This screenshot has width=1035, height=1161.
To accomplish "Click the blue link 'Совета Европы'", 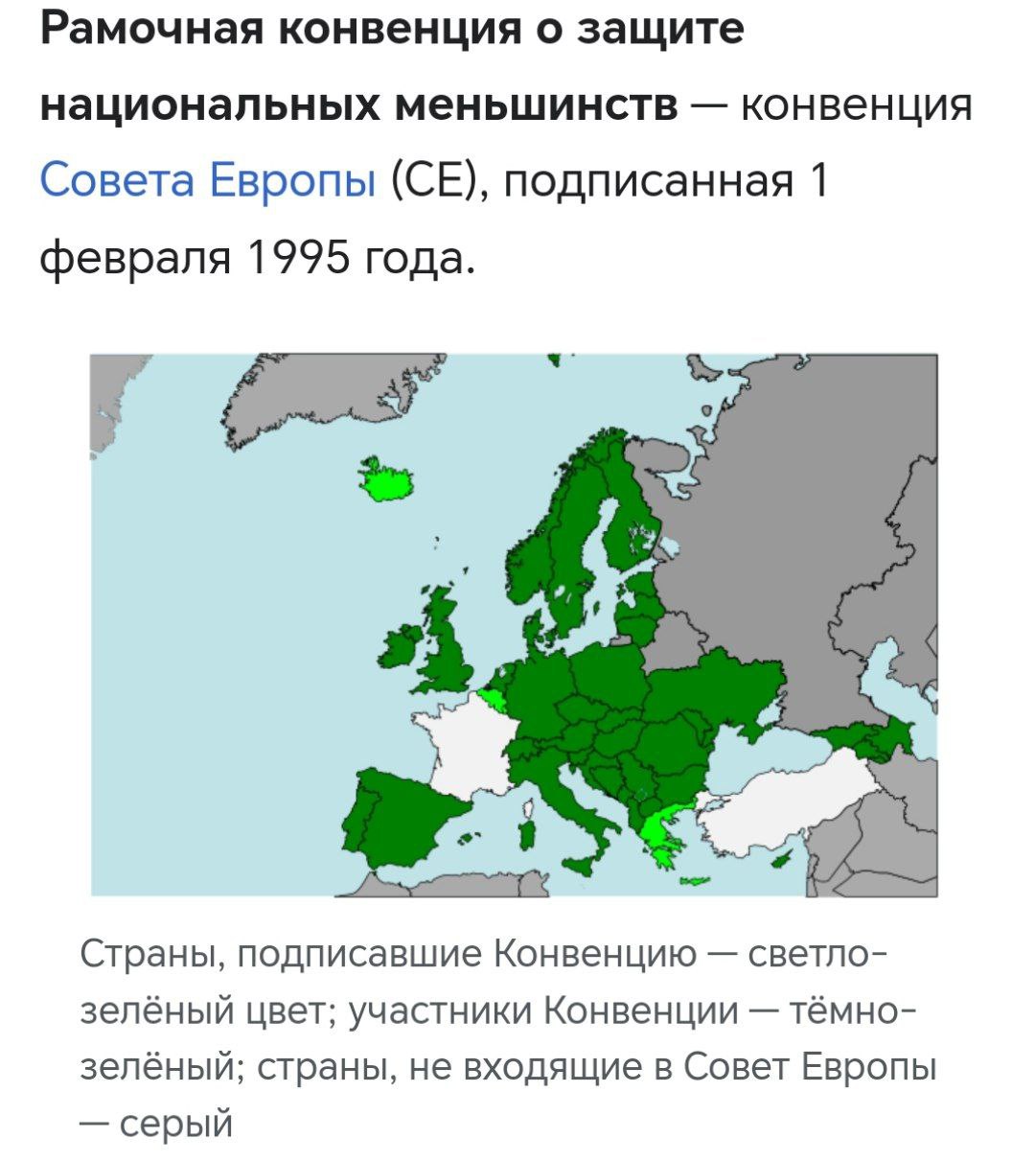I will click(x=207, y=179).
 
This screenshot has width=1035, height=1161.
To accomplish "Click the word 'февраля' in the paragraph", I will click(x=135, y=255).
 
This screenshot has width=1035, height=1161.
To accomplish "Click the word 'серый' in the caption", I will click(x=176, y=1123).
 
